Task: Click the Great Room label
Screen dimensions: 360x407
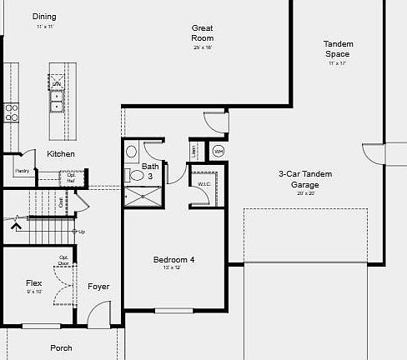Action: [x=202, y=32]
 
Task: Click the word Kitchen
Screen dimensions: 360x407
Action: [x=61, y=154]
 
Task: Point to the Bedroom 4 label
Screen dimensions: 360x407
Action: [x=173, y=261]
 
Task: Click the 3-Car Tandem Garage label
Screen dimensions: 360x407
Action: [x=305, y=178]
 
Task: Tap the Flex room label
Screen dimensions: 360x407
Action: [x=34, y=283]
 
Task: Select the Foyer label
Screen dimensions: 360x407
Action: [x=98, y=287]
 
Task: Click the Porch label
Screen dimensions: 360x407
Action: [x=61, y=347]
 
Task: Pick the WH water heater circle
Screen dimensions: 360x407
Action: [x=219, y=151]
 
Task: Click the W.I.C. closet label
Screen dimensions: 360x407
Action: [x=203, y=184]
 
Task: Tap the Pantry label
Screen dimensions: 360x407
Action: [x=23, y=170]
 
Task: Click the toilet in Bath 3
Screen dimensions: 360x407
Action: [x=134, y=176]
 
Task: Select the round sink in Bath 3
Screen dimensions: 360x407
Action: [x=131, y=152]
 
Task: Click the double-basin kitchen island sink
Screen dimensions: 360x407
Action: [x=57, y=101]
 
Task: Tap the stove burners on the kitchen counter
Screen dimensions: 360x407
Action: [x=12, y=112]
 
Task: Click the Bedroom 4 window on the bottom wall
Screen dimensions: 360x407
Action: [x=173, y=310]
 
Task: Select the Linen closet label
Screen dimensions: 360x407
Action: [x=195, y=151]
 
